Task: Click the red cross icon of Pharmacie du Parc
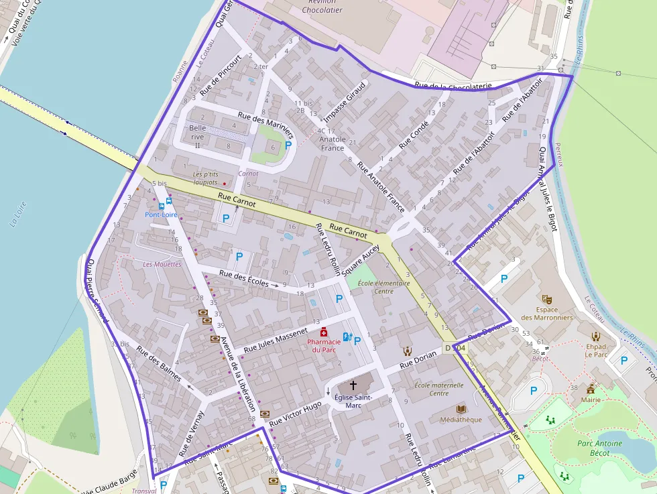coord(324,331)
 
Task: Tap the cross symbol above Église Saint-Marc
coord(353,385)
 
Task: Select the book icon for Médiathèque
coord(461,409)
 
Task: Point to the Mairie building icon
coord(591,389)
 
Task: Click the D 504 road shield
coord(455,349)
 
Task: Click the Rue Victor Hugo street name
coord(296,414)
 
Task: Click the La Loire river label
coord(17,215)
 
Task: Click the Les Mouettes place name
coord(162,264)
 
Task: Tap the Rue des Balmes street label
coord(159,364)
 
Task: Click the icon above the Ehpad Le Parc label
coord(595,336)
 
